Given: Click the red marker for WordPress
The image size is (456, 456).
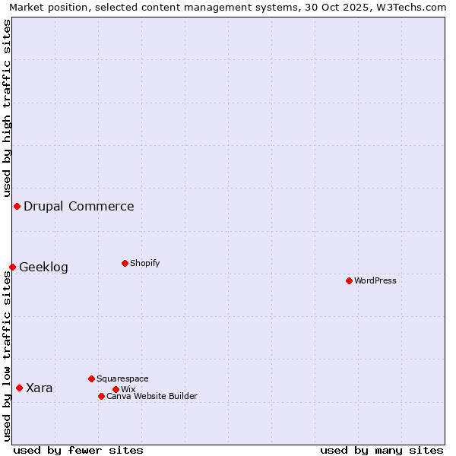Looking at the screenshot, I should click(x=349, y=280).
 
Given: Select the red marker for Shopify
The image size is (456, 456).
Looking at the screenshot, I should click(x=125, y=263).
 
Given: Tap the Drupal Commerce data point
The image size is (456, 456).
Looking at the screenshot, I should click(x=17, y=206).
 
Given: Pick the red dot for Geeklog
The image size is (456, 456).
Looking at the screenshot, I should click(x=12, y=267).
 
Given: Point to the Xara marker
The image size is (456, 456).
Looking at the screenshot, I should click(x=19, y=388).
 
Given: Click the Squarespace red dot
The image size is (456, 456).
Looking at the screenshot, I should click(x=91, y=378).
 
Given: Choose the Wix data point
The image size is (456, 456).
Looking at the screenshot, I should click(x=116, y=389).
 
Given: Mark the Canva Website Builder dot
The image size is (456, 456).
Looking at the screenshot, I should click(x=101, y=396).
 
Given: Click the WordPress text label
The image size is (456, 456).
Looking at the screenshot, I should click(x=375, y=280).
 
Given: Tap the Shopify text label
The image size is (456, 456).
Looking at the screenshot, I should click(x=145, y=263).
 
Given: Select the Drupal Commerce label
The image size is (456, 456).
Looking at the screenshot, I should click(x=79, y=206).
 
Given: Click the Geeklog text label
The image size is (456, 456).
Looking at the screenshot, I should click(x=43, y=267).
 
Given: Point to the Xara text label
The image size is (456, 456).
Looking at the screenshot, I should click(x=40, y=388).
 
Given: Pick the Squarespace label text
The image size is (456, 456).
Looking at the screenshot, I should click(x=122, y=378).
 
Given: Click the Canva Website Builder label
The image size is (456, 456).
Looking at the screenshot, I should click(x=152, y=396).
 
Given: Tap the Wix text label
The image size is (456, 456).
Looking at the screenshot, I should click(x=128, y=389).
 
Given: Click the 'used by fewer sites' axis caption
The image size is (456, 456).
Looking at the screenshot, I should click(x=78, y=450).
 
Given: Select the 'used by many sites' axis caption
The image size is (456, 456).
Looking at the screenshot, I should click(x=382, y=450).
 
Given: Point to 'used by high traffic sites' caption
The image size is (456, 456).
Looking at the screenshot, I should click(x=7, y=106).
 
